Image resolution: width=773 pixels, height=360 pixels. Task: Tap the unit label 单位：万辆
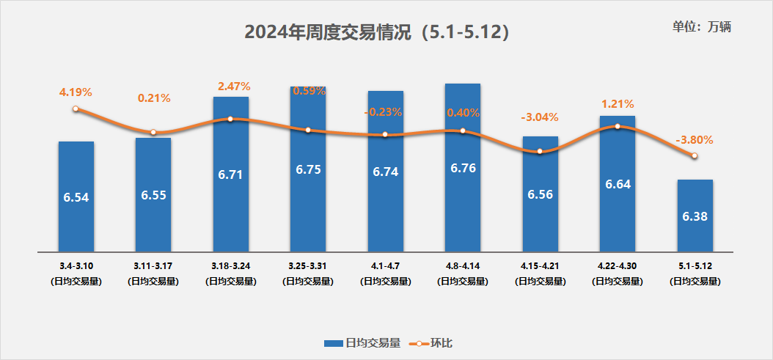click(x=702, y=27)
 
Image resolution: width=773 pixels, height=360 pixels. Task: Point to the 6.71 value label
click(x=230, y=175)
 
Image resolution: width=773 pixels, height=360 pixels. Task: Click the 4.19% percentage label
click(x=76, y=92)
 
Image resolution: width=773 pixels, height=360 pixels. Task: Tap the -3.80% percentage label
click(x=695, y=139)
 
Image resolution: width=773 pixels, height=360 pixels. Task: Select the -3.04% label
click(x=540, y=117)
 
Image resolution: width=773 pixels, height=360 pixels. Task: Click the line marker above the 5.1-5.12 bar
click(x=695, y=155)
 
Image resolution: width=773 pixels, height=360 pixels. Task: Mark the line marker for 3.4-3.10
click(x=76, y=109)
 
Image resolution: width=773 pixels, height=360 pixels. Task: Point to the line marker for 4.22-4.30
click(x=618, y=126)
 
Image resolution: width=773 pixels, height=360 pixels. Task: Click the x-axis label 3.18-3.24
click(x=230, y=265)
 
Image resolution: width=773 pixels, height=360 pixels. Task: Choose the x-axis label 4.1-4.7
click(x=385, y=265)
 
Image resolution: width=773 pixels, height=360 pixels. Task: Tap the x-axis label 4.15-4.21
click(x=540, y=265)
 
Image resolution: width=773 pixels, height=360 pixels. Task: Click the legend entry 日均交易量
click(x=363, y=343)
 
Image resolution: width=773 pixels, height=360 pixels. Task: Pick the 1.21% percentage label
click(x=618, y=104)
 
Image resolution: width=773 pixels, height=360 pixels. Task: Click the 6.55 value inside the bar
click(x=153, y=197)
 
